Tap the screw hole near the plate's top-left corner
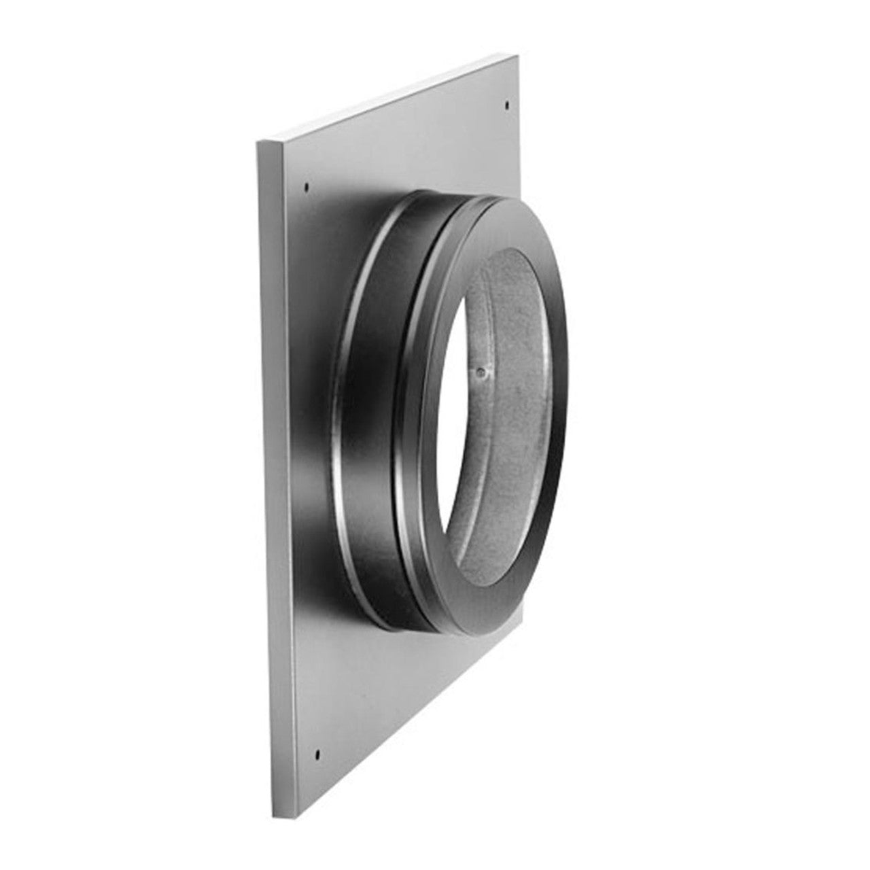307,186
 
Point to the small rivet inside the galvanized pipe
481,372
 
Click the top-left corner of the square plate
257,141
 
